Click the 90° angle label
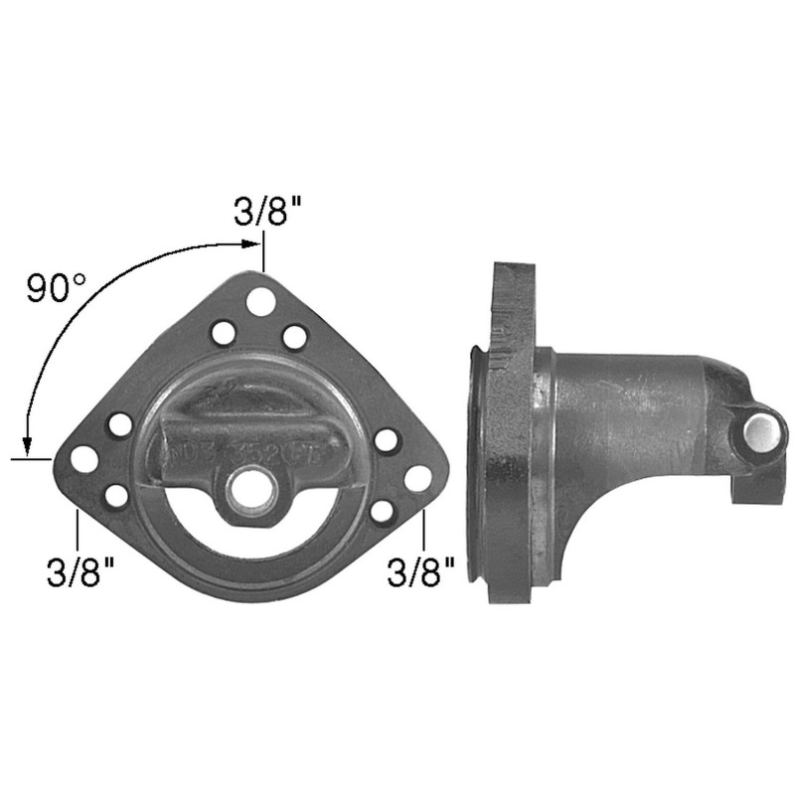[57, 288]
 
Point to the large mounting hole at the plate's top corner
[261, 301]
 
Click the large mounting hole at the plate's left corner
[84, 458]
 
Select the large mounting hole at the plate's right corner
[417, 478]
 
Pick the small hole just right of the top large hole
[294, 337]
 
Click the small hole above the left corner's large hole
[119, 425]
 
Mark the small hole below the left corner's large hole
[116, 494]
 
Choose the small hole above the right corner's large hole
[387, 439]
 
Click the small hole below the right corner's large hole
[382, 511]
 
